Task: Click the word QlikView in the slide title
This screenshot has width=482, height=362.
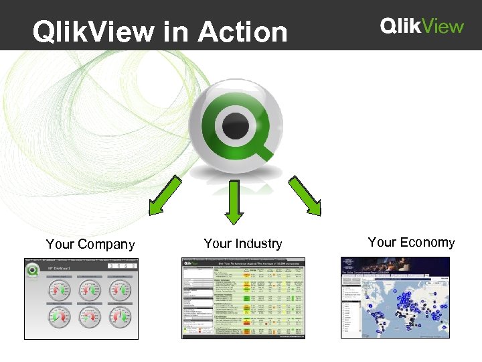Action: coord(91,32)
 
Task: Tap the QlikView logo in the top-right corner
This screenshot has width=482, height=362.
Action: coord(422,26)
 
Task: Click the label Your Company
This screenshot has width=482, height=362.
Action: coord(90,244)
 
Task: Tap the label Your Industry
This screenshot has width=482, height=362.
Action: coord(243,243)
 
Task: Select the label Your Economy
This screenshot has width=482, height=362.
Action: coord(411,243)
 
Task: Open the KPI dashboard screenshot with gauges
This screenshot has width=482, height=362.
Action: coord(81,298)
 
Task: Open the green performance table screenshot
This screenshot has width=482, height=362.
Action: coord(243,298)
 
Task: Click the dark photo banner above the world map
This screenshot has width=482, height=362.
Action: coord(395,264)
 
